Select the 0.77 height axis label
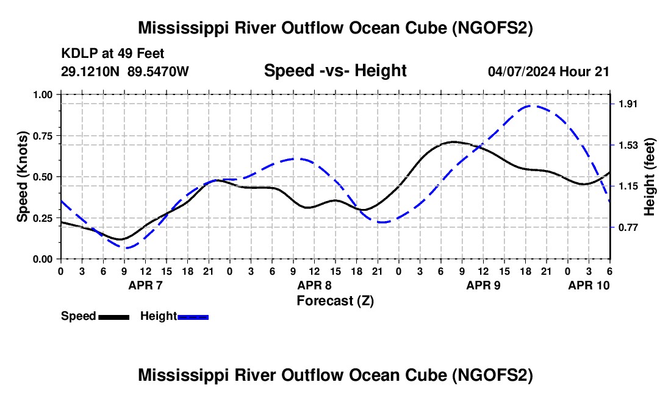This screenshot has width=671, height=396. pyautogui.click(x=628, y=227)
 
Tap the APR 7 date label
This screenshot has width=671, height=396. pyautogui.click(x=146, y=285)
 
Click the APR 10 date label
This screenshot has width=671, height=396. pyautogui.click(x=589, y=285)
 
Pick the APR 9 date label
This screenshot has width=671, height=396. pyautogui.click(x=483, y=285)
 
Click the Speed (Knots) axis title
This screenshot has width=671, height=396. pyautogui.click(x=22, y=177)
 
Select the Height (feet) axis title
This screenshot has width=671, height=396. pyautogui.click(x=649, y=177)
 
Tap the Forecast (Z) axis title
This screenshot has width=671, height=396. pyautogui.click(x=335, y=301)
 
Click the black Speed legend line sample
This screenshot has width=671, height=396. pyautogui.click(x=114, y=317)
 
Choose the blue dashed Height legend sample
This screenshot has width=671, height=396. pyautogui.click(x=193, y=317)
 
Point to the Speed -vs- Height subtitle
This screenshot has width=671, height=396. pyautogui.click(x=335, y=71)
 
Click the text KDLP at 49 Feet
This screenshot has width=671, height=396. pyautogui.click(x=113, y=54)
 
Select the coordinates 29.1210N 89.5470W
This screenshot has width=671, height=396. pyautogui.click(x=124, y=71)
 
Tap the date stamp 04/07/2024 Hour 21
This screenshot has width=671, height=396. pyautogui.click(x=548, y=71)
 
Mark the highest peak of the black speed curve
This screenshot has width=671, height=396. pyautogui.click(x=454, y=142)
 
